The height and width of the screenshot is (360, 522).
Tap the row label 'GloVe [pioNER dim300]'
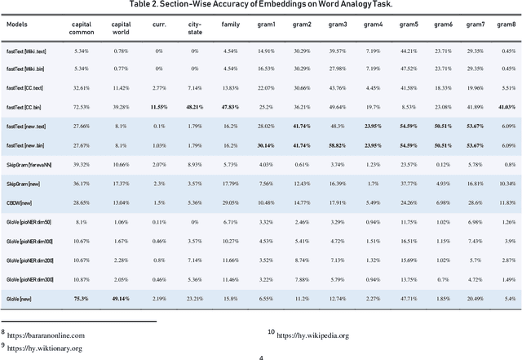(37, 278)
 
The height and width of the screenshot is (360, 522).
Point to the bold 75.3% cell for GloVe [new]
(81, 299)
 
